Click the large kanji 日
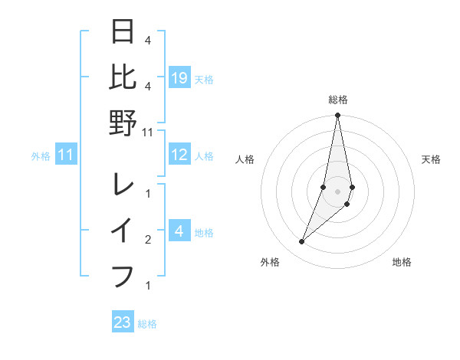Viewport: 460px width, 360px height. click(123, 32)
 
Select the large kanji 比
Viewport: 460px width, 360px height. click(123, 77)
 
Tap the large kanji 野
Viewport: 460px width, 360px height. click(123, 123)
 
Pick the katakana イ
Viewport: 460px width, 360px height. click(123, 231)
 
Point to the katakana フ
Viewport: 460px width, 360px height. click(123, 274)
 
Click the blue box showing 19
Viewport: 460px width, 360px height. click(179, 78)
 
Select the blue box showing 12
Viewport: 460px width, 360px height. click(179, 155)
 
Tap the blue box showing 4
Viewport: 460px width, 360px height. click(179, 231)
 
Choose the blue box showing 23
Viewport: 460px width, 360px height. click(123, 322)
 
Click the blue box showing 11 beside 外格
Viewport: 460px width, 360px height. click(67, 155)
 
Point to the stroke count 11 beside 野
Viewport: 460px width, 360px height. click(149, 132)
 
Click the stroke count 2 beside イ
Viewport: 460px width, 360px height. click(148, 240)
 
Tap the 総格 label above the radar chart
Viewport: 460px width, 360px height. click(338, 100)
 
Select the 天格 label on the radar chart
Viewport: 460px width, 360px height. click(432, 159)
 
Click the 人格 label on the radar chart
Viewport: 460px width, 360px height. click(245, 159)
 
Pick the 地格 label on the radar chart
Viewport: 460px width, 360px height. click(402, 263)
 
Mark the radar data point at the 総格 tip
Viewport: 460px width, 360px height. click(337, 116)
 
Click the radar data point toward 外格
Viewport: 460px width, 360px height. click(302, 242)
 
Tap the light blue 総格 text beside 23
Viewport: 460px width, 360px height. click(147, 324)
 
